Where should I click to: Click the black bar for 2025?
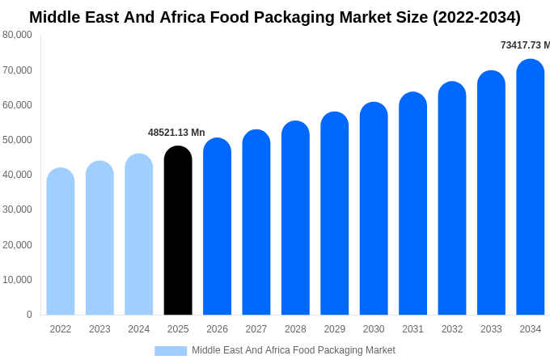(178, 231)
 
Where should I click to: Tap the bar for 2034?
(531, 187)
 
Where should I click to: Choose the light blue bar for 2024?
(139, 235)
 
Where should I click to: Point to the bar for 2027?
(256, 222)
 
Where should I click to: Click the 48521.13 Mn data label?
(176, 133)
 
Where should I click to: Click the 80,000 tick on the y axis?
(18, 35)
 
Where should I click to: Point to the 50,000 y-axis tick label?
(18, 140)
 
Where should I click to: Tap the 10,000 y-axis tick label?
(18, 280)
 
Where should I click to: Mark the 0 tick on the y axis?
(29, 315)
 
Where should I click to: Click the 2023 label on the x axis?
(99, 329)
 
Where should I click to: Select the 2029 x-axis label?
(335, 329)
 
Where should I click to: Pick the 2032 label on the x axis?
(452, 329)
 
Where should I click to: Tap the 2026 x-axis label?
(217, 329)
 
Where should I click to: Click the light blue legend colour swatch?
(171, 351)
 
